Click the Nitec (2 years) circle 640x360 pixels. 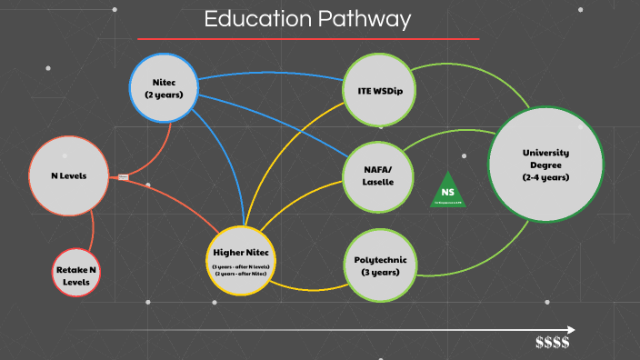164,87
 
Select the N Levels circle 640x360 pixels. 62,175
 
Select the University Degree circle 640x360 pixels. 545,165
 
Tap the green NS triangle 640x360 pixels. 447,191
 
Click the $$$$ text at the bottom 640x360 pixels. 553,343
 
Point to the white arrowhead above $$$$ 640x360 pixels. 570,329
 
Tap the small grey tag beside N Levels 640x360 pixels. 124,176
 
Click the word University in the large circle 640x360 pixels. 545,152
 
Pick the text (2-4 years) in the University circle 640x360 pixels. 545,177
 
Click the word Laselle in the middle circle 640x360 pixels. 372,182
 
